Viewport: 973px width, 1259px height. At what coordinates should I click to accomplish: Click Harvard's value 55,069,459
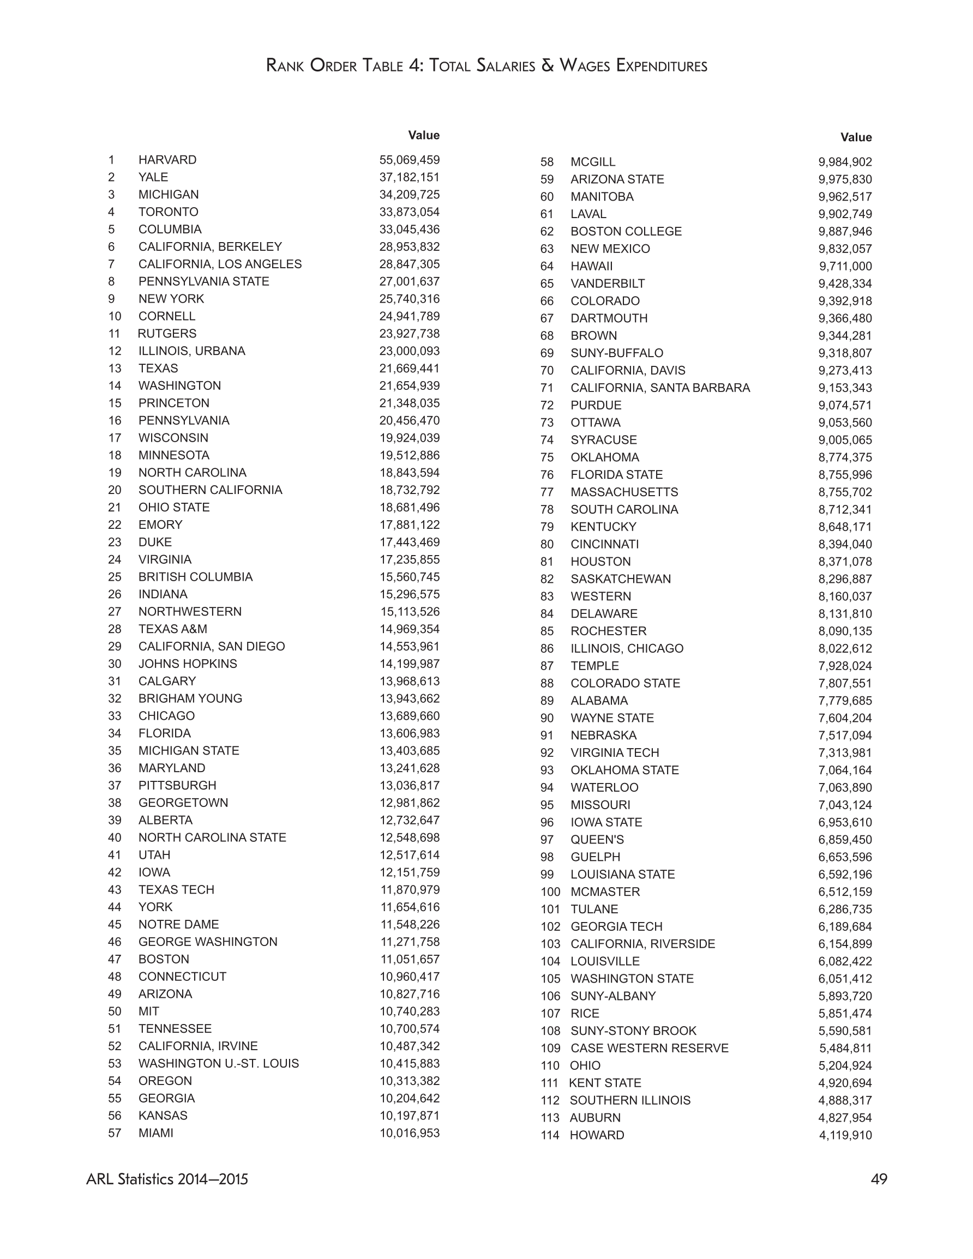coord(409,160)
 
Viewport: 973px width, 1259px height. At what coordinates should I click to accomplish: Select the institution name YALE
coord(153,177)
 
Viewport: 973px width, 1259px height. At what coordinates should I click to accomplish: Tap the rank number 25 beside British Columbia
coord(114,576)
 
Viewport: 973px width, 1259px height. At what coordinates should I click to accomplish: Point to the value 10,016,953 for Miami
coord(409,1133)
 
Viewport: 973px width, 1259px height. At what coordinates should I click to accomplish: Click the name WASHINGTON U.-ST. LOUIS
coord(219,1063)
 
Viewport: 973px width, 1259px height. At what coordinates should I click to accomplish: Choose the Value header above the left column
coord(423,135)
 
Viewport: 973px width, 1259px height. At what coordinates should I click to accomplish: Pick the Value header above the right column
coord(856,137)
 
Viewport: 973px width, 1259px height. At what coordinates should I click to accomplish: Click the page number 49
coord(879,1179)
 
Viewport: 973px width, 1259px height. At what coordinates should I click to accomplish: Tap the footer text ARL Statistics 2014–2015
coord(167,1179)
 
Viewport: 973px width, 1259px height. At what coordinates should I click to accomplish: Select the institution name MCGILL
coord(592,162)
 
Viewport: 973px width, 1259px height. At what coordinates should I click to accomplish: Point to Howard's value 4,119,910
coord(845,1135)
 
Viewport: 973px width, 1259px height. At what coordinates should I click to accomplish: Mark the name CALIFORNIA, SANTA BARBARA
coord(660,388)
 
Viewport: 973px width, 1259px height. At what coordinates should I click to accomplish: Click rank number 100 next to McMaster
coord(550,892)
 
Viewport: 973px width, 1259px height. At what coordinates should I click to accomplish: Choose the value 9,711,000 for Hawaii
coord(845,266)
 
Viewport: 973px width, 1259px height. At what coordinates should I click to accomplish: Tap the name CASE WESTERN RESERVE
coord(650,1048)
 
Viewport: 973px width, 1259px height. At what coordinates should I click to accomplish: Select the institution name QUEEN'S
coord(597,839)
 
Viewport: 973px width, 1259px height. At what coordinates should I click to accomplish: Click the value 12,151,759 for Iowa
coord(409,872)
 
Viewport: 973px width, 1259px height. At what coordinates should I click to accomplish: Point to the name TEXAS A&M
coord(172,629)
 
